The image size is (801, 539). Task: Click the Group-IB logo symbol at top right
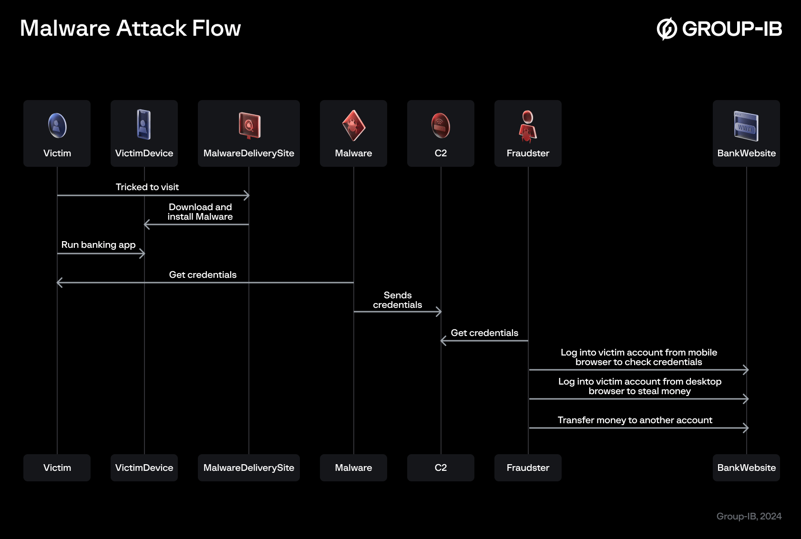(x=667, y=29)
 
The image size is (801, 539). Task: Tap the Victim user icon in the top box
(x=57, y=125)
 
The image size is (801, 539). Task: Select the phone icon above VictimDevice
(x=144, y=125)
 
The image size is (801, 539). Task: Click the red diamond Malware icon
(x=353, y=126)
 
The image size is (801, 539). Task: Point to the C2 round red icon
(x=441, y=125)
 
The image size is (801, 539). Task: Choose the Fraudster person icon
(x=527, y=126)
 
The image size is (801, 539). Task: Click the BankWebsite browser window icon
(x=746, y=126)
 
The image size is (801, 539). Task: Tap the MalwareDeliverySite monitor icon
(x=249, y=125)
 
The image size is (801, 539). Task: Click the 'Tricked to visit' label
(x=147, y=187)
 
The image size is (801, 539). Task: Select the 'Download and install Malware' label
(x=200, y=212)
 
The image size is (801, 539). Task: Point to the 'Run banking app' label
(x=98, y=245)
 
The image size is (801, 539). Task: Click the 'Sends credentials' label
(x=397, y=300)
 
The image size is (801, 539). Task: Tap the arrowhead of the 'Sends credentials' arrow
(x=439, y=312)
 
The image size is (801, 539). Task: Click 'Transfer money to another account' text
(x=635, y=420)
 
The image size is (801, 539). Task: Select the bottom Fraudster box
(x=527, y=468)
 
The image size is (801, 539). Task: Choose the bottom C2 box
(x=441, y=468)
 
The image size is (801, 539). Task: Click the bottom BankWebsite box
(x=746, y=468)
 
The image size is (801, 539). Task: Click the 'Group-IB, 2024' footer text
(x=749, y=517)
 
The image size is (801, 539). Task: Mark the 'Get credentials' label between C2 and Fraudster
(x=484, y=333)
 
